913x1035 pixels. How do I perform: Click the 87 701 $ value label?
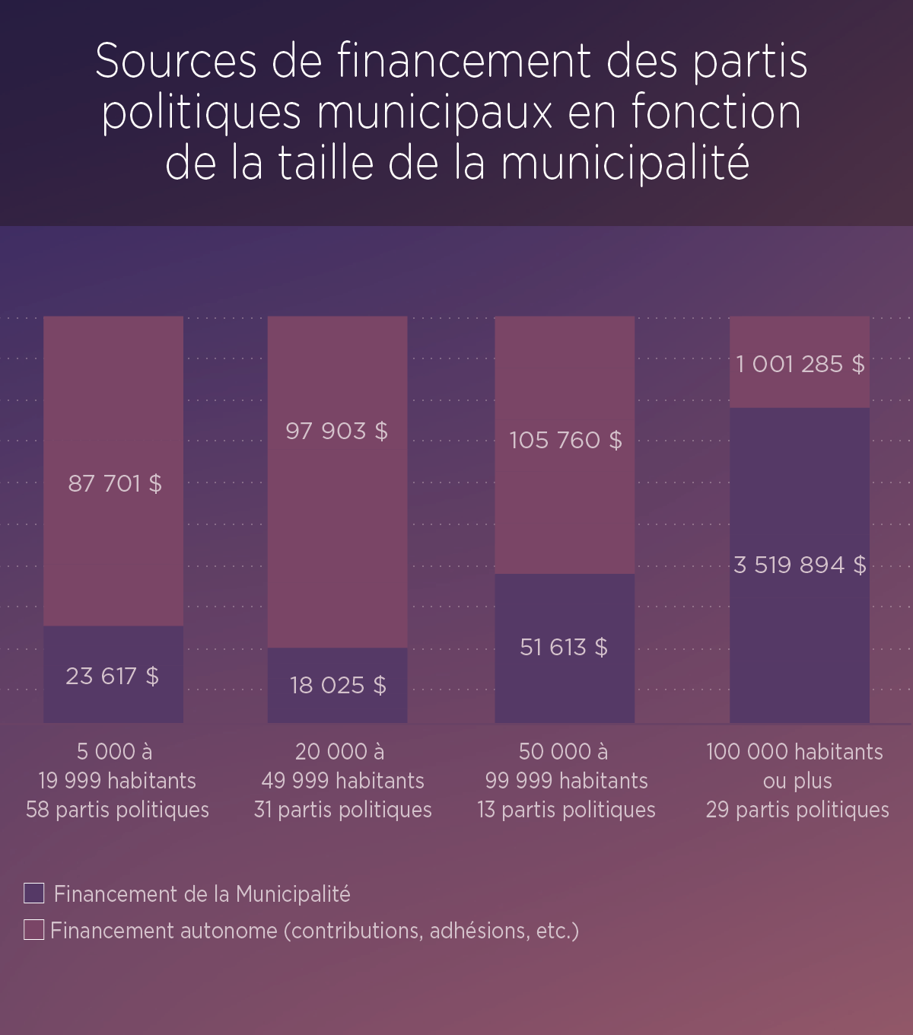[115, 483]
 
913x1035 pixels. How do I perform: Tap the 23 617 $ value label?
[113, 676]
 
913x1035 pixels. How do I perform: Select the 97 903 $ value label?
[336, 431]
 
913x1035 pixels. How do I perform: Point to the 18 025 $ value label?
[338, 685]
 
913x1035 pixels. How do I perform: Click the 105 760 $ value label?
[565, 440]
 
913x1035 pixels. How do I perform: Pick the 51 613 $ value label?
[564, 647]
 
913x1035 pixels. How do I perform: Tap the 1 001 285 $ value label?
[800, 364]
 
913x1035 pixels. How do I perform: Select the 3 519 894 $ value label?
[800, 565]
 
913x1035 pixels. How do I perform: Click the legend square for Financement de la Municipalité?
[34, 893]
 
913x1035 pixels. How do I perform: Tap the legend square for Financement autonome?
[34, 930]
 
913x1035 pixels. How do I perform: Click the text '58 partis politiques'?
[117, 810]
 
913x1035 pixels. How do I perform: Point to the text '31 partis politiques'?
[342, 810]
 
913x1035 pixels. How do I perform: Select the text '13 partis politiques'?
[566, 810]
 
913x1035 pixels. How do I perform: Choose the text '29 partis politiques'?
[797, 810]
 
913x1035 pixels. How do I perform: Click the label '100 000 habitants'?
[794, 752]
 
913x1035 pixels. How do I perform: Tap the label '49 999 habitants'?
[342, 781]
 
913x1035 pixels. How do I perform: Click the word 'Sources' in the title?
[177, 61]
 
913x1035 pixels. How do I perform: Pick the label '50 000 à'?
[563, 752]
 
